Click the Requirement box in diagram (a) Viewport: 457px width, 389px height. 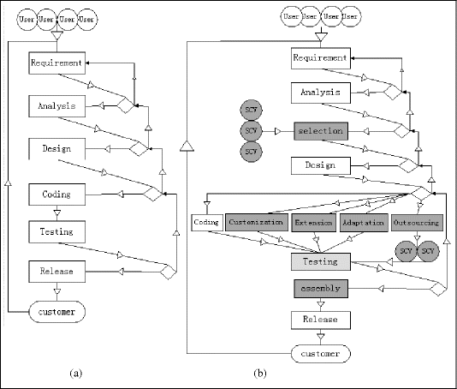56,63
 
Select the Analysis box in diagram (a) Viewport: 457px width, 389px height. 56,106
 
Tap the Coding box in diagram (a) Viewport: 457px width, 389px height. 56,194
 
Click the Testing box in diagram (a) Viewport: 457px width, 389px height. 56,231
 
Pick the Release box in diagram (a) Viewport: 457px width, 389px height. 56,272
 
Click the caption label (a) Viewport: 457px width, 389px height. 76,373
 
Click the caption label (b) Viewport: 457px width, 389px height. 260,373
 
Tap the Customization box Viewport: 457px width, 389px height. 256,223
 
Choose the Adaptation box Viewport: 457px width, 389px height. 362,223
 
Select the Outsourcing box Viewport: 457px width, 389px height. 417,223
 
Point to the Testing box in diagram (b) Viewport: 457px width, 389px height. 320,261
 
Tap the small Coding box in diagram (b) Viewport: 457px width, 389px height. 206,223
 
